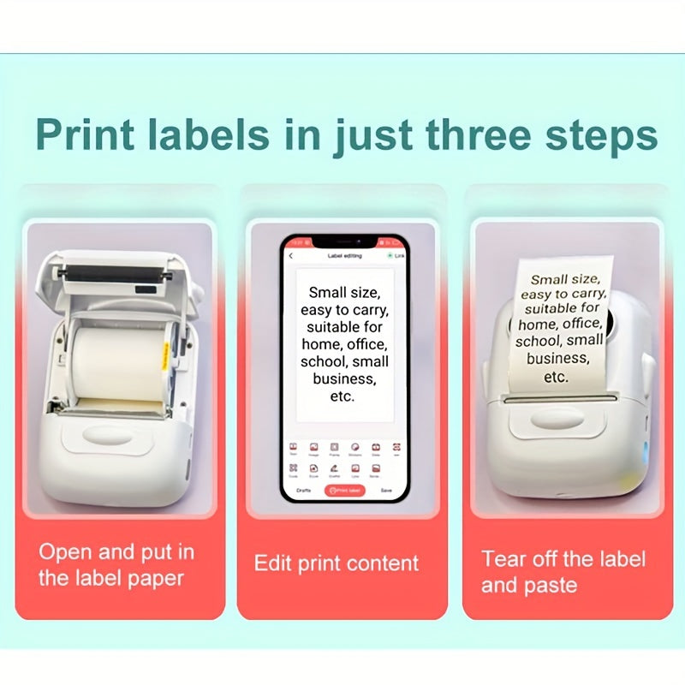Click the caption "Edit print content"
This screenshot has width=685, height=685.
[337, 563]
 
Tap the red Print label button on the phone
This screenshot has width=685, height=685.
[343, 491]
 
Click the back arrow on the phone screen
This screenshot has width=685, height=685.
[290, 255]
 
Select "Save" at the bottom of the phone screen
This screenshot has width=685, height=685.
[386, 491]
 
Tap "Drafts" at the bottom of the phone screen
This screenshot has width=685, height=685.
[303, 491]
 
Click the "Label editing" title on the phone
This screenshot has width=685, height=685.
[344, 255]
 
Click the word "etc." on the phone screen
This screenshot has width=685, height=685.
[342, 396]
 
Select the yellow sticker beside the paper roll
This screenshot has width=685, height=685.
[164, 355]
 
